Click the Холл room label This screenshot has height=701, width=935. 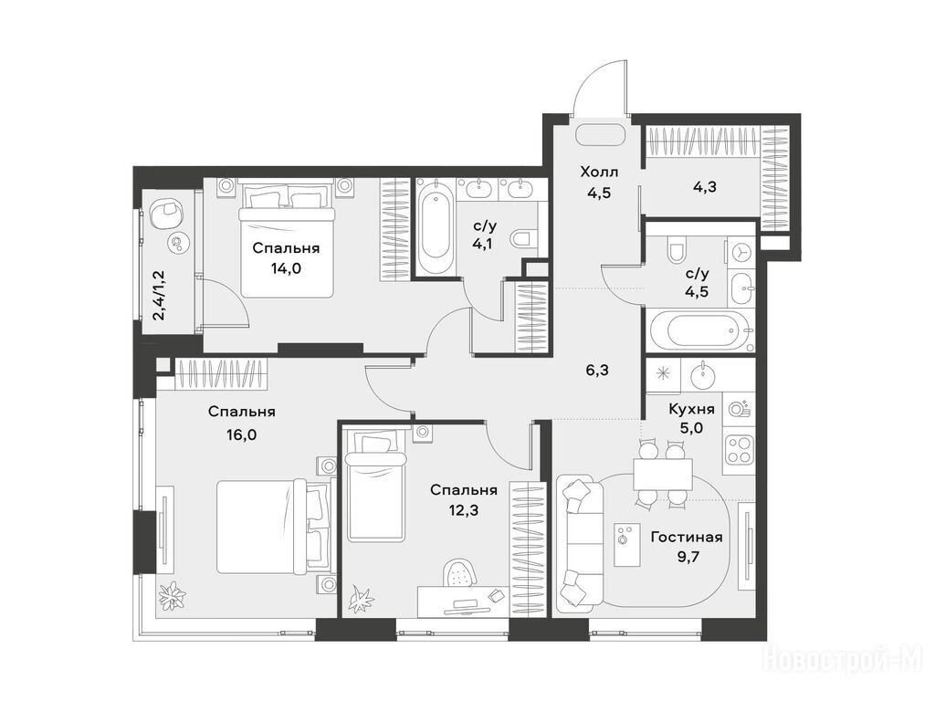599,173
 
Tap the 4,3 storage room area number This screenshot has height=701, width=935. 704,187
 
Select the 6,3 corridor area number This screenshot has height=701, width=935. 597,371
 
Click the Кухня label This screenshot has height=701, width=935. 692,409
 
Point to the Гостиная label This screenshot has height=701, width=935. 687,537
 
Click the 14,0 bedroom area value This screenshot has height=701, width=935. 286,269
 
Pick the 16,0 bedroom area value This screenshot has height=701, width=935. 241,434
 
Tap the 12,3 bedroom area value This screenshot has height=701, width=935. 463,511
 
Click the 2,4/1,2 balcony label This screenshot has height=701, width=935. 159,295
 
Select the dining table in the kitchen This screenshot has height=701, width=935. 663,475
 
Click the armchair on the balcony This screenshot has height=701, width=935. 168,213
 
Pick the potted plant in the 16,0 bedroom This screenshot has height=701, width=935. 173,594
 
